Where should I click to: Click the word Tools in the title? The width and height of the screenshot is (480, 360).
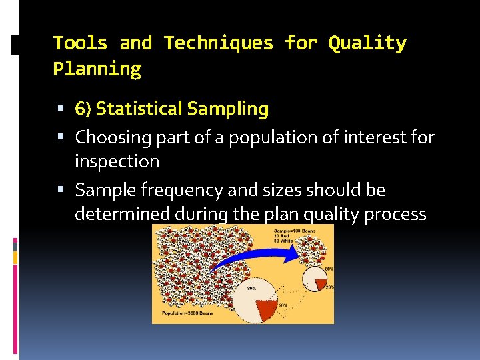coord(80,43)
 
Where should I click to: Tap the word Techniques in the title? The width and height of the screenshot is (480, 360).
coord(219,43)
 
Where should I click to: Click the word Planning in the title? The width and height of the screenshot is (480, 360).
coord(97,69)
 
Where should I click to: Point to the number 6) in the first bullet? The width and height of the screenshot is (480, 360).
coord(83,109)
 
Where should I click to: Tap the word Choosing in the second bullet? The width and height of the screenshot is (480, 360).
coord(110,138)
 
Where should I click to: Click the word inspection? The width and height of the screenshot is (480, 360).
coord(117,162)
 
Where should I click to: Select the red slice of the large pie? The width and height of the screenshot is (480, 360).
coord(267,307)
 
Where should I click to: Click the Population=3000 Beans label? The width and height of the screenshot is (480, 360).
coord(187,313)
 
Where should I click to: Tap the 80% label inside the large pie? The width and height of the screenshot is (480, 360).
coord(251,289)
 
